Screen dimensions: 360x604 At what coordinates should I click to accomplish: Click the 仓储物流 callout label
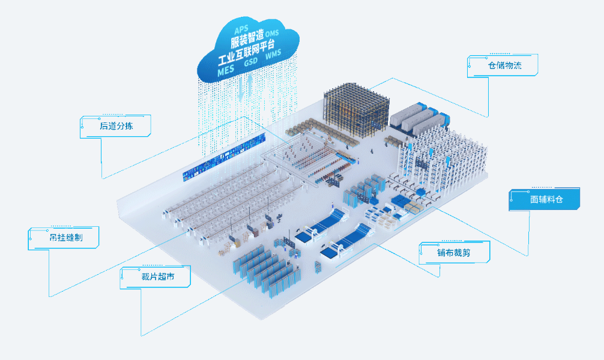pos(504,65)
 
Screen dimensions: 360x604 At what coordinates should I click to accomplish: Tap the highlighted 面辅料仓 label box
pos(546,199)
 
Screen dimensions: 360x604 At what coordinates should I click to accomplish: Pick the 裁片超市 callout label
pos(157,277)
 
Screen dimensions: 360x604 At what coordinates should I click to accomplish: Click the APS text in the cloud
pos(241,28)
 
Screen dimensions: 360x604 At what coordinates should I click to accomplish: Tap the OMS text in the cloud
pos(272,32)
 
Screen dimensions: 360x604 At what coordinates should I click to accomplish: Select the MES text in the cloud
pos(226,70)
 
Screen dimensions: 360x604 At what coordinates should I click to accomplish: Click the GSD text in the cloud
pos(250,62)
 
